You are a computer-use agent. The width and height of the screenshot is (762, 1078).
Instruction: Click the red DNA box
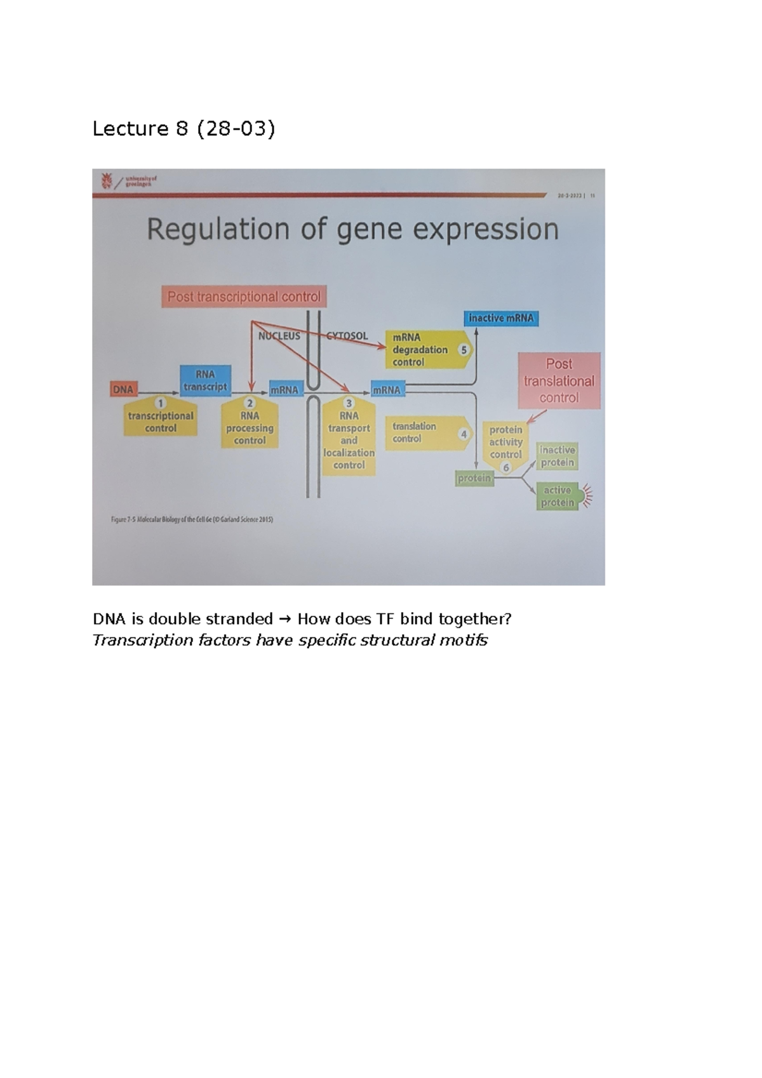click(124, 389)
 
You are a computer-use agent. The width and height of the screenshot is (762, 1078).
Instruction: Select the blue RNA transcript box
click(205, 380)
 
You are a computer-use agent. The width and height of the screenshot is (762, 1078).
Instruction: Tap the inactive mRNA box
click(501, 318)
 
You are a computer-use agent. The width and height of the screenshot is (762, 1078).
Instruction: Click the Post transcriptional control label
click(244, 296)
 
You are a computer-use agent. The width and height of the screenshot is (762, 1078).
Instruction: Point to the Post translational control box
click(559, 380)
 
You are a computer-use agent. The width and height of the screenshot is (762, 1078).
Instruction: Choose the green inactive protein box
click(558, 456)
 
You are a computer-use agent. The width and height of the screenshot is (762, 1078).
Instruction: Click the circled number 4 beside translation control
click(464, 434)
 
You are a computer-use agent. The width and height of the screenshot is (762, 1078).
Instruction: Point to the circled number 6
click(506, 468)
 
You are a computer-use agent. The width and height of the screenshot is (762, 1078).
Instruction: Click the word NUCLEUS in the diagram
click(279, 336)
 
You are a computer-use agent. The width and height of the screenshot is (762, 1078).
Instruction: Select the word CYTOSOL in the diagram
click(347, 336)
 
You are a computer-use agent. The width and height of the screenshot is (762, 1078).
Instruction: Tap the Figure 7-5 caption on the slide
click(192, 519)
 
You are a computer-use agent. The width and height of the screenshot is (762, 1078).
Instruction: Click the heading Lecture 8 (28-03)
click(184, 129)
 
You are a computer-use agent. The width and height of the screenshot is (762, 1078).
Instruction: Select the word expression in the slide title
click(486, 229)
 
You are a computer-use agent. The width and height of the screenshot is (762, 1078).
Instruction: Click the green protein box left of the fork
click(474, 478)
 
